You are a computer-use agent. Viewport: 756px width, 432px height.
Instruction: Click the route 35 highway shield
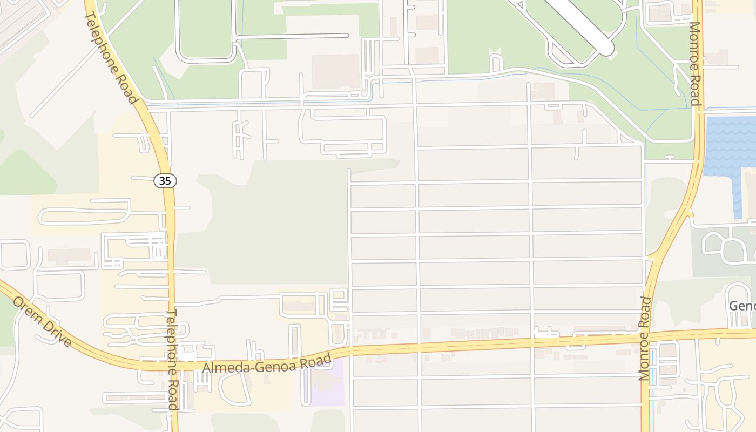click(165, 181)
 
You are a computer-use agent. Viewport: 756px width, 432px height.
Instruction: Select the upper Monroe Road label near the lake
click(695, 64)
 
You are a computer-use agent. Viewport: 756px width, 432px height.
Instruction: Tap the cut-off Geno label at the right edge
click(742, 306)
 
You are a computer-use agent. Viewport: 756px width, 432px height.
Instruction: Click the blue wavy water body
click(729, 146)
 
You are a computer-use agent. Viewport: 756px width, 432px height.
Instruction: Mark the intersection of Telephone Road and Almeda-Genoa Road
click(172, 366)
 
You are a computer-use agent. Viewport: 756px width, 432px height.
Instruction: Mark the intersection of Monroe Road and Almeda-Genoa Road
click(647, 337)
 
